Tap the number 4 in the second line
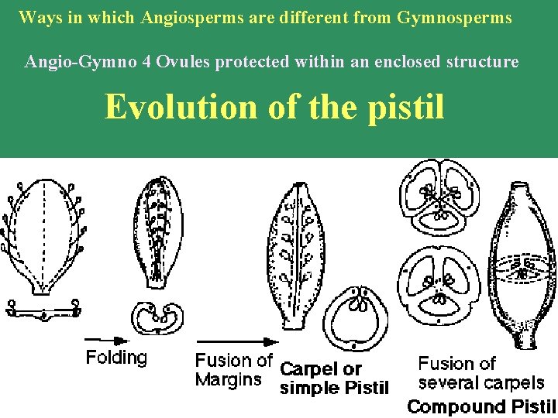146,61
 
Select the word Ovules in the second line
182,61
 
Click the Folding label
116,358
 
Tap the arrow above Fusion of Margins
236,341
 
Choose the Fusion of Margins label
233,370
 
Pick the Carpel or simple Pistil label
333,379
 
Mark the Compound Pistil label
481,406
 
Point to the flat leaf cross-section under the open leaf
43,310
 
